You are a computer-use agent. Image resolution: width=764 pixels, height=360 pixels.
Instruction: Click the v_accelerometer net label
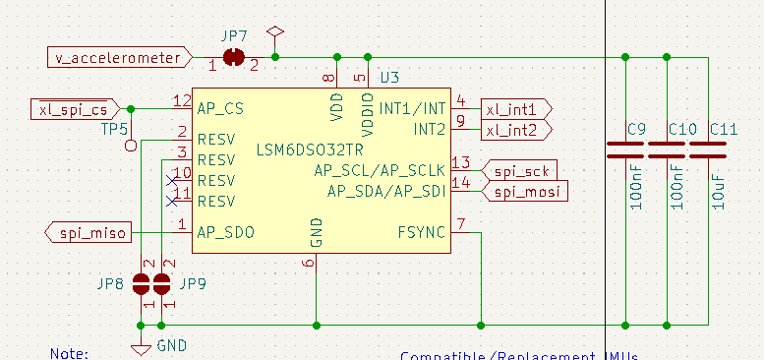point(117,58)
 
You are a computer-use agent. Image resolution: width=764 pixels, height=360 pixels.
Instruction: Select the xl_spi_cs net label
point(74,108)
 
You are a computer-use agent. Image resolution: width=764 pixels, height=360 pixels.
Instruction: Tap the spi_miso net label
point(88,232)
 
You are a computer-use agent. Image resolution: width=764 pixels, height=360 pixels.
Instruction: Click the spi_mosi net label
point(527,192)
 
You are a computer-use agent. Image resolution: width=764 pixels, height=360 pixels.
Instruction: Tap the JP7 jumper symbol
point(234,58)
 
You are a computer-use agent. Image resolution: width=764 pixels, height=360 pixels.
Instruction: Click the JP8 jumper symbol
point(143,284)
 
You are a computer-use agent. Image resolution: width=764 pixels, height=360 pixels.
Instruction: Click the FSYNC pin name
point(421,233)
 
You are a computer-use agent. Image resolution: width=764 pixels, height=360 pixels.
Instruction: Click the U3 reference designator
point(389,77)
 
